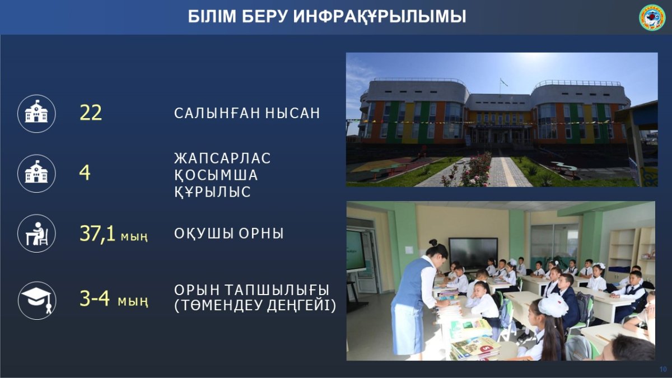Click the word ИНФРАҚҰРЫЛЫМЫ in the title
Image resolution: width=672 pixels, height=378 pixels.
pos(380,17)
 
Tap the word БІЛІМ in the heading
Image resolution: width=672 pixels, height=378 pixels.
pos(212,16)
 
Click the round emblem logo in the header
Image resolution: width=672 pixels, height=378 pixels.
pos(652,18)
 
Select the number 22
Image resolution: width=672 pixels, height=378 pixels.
pos(91,113)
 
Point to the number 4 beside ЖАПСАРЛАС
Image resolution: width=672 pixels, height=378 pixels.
pos(85,173)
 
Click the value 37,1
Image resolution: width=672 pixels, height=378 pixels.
pos(97,234)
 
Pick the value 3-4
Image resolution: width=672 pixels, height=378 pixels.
pos(95,298)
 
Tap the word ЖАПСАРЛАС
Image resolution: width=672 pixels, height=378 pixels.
pos(222,158)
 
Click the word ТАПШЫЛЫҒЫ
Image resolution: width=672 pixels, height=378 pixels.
pos(277,290)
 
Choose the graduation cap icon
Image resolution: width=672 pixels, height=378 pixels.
pos(36,300)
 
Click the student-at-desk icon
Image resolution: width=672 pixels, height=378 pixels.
pos(36,234)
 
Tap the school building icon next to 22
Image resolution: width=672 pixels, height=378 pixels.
pos(36,114)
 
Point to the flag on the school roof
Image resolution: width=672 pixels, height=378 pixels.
pos(503,82)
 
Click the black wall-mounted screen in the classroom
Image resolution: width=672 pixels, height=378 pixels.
pos(473,254)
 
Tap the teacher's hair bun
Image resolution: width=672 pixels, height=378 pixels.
pos(433,242)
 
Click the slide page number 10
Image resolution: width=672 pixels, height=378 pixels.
pos(662,369)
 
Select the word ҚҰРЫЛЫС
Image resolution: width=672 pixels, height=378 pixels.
pos(212,192)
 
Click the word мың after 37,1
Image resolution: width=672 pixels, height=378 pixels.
pos(134,237)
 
